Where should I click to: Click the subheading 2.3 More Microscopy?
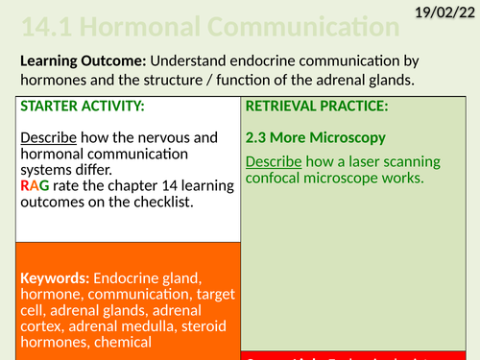[312, 137]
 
